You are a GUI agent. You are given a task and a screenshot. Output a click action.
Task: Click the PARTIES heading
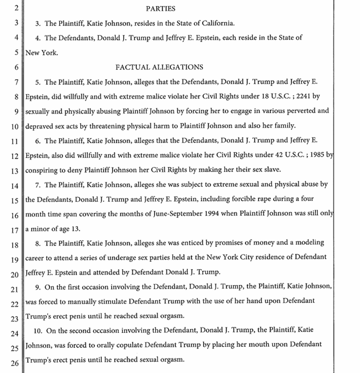tap(161, 8)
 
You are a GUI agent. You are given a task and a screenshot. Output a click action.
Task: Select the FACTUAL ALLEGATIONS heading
tap(159, 67)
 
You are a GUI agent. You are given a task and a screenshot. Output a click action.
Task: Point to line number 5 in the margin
tap(16, 52)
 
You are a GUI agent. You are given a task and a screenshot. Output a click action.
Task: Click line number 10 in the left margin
tap(15, 126)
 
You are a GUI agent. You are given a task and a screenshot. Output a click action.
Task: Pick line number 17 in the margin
tap(15, 229)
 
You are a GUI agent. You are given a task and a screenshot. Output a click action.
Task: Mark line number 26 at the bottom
tap(15, 362)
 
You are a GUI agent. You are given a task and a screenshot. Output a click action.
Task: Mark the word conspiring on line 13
tap(42, 170)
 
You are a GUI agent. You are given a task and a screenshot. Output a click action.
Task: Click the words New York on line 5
tap(41, 52)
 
